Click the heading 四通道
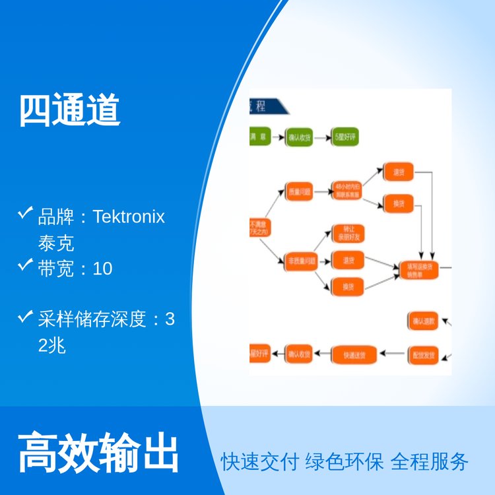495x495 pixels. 69,110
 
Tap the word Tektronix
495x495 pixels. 129,216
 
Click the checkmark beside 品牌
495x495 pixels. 26,213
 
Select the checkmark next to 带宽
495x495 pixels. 26,265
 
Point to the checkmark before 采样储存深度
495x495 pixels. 26,317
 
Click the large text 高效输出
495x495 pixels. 98,452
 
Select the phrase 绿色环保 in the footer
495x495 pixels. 344,461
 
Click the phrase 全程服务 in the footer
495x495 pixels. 429,461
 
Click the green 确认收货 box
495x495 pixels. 299,138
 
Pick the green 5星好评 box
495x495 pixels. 345,138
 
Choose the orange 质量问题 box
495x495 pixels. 299,192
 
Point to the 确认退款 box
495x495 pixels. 422,321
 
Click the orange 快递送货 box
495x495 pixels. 354,354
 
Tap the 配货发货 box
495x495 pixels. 422,354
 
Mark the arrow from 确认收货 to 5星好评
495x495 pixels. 322,138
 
